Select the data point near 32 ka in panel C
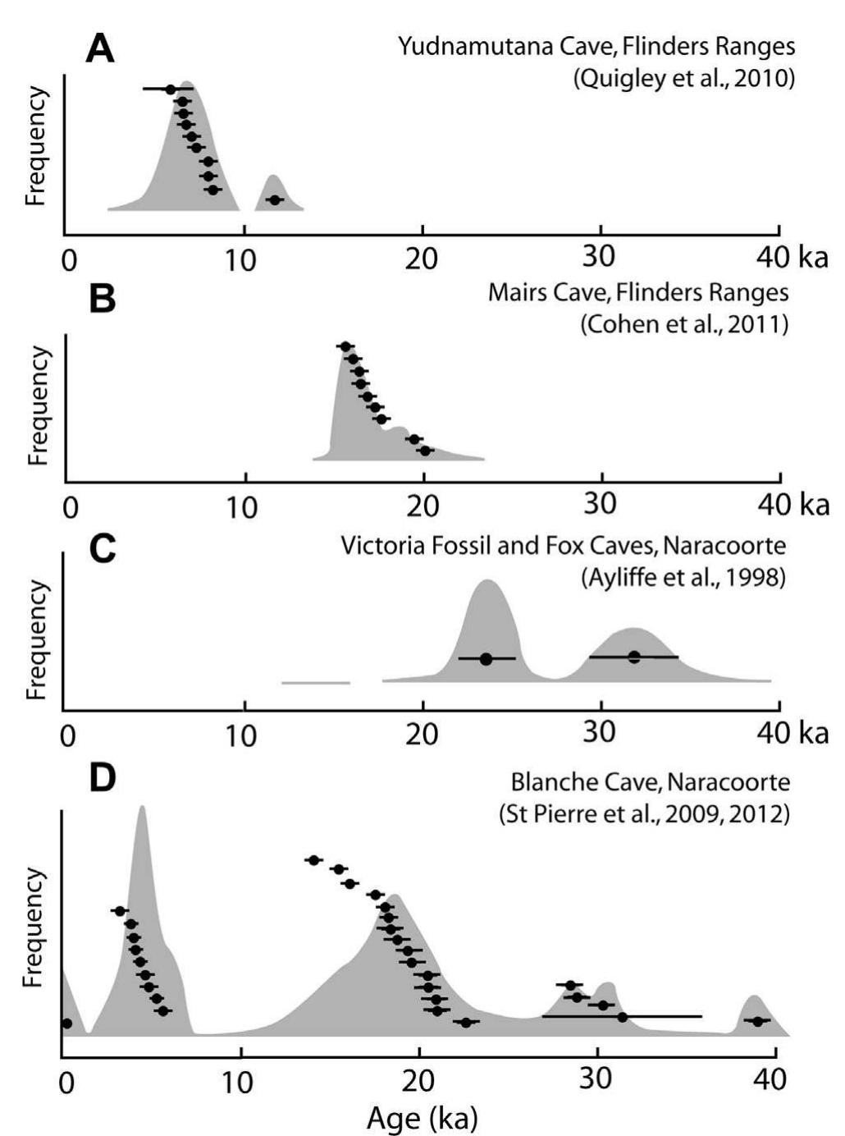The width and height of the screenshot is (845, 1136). (633, 657)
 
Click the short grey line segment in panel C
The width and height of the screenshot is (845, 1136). (315, 682)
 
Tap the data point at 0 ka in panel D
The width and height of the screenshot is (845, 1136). (66, 1024)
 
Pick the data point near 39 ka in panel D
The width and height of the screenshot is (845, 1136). (757, 1021)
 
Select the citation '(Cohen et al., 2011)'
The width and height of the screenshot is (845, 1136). (683, 325)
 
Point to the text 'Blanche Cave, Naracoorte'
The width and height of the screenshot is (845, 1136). (647, 783)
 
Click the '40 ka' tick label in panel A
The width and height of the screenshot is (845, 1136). (792, 258)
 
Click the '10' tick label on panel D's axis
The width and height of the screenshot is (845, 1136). (240, 1082)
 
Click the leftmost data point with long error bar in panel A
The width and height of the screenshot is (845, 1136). (170, 89)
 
